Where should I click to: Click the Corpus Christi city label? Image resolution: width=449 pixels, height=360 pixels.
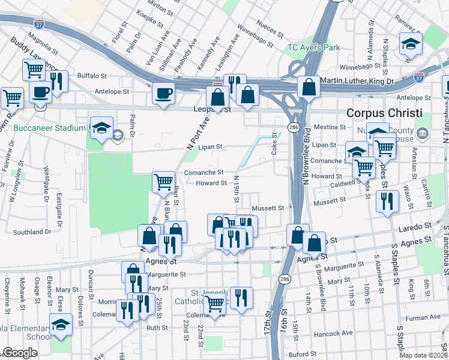tap(384, 113)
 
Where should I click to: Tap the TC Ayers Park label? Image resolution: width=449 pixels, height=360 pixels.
tap(313, 47)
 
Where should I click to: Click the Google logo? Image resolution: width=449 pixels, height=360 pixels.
tap(20, 353)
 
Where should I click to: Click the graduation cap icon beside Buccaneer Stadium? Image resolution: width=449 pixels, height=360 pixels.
tap(103, 128)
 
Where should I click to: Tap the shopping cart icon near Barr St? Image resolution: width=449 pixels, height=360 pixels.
tap(163, 182)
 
